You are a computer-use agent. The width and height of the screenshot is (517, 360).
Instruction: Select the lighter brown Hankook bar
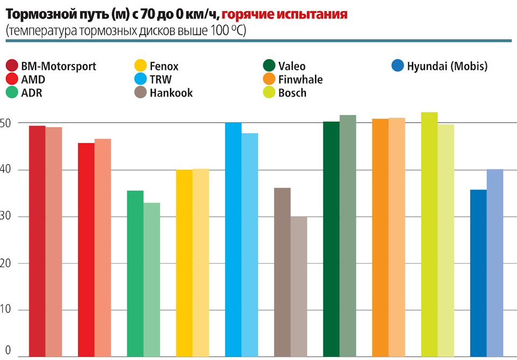tap(299, 286)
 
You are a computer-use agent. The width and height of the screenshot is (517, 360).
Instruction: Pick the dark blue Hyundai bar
tap(478, 273)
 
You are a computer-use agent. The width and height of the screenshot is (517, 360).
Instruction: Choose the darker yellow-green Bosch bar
tap(429, 234)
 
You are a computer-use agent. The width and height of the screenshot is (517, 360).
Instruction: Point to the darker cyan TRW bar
tap(233, 239)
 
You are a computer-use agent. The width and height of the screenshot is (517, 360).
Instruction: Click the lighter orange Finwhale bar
tap(397, 237)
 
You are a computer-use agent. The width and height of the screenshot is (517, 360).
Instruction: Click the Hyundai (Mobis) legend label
tap(447, 67)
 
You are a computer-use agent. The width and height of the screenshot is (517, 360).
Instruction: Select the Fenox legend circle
tap(140, 67)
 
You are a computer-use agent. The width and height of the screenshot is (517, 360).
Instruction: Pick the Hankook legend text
tap(171, 93)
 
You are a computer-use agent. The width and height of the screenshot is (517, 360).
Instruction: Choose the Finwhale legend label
tap(301, 80)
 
